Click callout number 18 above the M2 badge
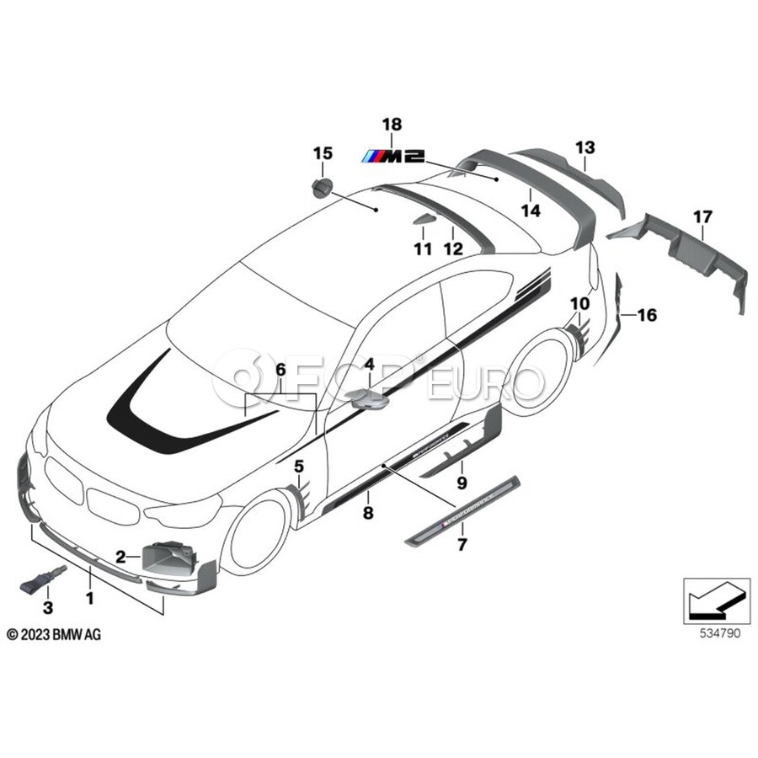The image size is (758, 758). click(x=391, y=125)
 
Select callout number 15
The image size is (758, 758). click(x=323, y=153)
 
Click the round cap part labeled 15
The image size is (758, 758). click(x=322, y=189)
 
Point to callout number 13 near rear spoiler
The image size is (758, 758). click(x=585, y=147)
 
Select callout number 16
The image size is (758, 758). click(x=647, y=316)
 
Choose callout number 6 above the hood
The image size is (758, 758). click(x=280, y=370)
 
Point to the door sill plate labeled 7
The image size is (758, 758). click(x=463, y=514)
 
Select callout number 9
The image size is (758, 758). click(x=462, y=483)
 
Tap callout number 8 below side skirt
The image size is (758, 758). click(x=367, y=513)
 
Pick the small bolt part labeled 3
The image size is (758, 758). click(x=42, y=581)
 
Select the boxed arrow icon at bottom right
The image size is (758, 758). click(x=715, y=600)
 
